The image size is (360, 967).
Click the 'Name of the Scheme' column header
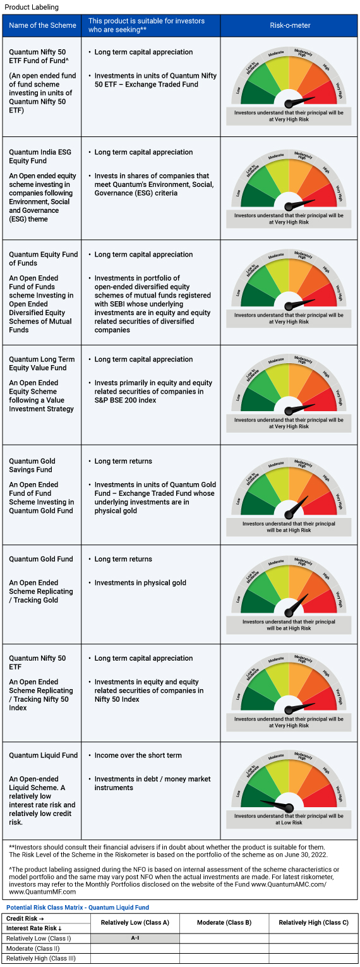(42, 25)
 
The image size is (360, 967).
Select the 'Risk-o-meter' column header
(290, 25)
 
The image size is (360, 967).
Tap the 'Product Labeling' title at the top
(32, 7)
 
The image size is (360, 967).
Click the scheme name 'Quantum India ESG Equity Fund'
(40, 156)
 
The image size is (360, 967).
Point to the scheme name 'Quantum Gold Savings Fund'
(32, 465)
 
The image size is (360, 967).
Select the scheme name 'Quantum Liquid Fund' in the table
(43, 755)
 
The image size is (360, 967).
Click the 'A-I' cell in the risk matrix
(135, 938)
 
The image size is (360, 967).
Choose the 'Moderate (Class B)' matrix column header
(224, 923)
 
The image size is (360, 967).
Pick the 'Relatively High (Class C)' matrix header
(313, 923)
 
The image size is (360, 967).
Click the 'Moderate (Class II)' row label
(33, 949)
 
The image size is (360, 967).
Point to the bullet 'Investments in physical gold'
(140, 583)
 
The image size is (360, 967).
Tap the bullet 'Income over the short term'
(138, 755)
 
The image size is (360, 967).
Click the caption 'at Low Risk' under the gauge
(289, 823)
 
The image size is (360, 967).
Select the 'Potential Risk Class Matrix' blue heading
(44, 908)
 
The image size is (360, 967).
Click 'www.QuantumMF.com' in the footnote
(42, 891)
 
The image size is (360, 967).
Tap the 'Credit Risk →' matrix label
(25, 918)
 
